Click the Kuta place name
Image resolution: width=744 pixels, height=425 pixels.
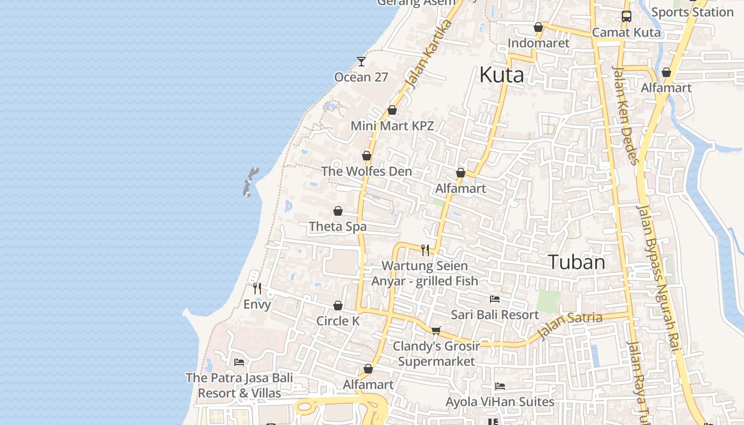(x=501, y=75)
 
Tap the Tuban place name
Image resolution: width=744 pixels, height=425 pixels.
(x=576, y=262)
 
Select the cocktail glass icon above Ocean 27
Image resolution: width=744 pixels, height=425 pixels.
(x=361, y=61)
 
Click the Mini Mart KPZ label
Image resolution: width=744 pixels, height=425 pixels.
(x=392, y=126)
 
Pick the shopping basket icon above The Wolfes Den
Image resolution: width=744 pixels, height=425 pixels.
(x=366, y=156)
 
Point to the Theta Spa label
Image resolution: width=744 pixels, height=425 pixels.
(x=338, y=227)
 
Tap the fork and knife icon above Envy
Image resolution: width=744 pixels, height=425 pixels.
(x=257, y=288)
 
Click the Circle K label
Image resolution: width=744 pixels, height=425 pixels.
(x=338, y=321)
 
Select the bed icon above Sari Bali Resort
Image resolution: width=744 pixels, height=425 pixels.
(x=495, y=299)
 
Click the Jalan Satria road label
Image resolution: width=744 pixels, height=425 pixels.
(x=569, y=325)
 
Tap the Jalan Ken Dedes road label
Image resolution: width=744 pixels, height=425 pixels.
(x=625, y=115)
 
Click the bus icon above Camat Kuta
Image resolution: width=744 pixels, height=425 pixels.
(x=627, y=16)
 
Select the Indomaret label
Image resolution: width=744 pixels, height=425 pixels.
(x=538, y=43)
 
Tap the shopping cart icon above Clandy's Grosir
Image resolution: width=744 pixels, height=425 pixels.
(x=436, y=330)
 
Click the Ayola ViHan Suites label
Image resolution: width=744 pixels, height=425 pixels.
(x=500, y=402)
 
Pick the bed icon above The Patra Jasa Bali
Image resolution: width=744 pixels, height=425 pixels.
(x=239, y=362)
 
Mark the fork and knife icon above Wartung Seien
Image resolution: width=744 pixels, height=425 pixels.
(x=425, y=250)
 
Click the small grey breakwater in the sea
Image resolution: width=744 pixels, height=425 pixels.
(x=250, y=182)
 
